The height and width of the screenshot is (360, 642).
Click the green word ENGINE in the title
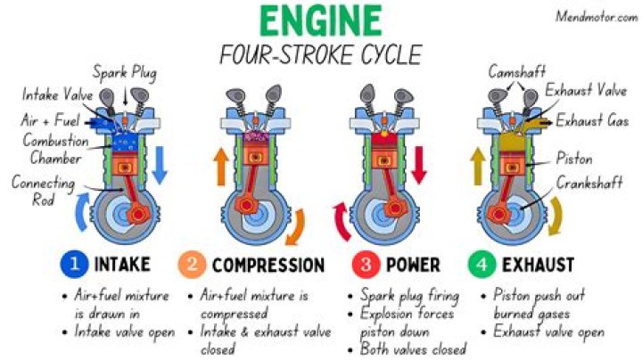pos(320,20)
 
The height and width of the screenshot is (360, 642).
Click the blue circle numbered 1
pos(71,265)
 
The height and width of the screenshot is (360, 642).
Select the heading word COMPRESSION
pos(267,266)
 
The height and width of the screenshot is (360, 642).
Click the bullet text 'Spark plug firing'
pos(410,294)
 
